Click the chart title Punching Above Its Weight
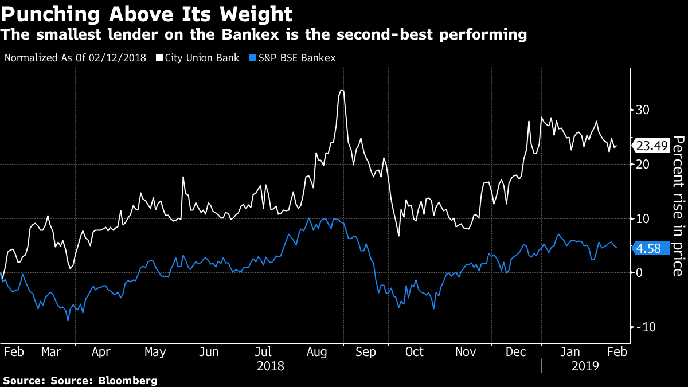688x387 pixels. [x=147, y=13]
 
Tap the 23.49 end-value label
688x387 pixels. [x=652, y=146]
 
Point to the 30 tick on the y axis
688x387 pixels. [x=642, y=110]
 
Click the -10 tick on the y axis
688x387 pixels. [x=644, y=327]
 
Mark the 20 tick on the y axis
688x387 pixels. [x=642, y=164]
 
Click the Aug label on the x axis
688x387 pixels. [x=316, y=351]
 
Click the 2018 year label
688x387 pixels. [x=271, y=365]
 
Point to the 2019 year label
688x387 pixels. [x=584, y=365]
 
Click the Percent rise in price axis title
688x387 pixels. [x=678, y=205]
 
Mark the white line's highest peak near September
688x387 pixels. [x=342, y=91]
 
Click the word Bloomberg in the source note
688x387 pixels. [x=130, y=380]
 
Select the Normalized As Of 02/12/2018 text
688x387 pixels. [x=75, y=58]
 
